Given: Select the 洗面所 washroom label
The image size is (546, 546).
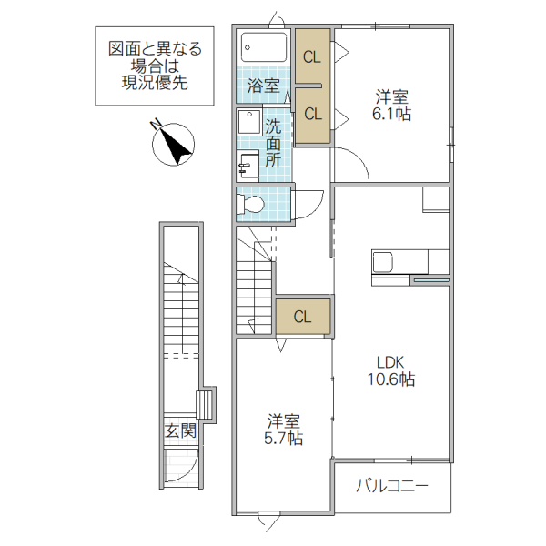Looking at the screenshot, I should coord(273,141).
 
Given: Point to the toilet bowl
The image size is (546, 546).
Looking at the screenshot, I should coord(251,204).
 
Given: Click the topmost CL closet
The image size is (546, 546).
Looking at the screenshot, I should coord(312,56).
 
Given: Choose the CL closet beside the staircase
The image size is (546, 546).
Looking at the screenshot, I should coord(303,317).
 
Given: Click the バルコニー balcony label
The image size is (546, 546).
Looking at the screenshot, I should coord(391,486).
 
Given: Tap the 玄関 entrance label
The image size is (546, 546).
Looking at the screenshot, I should coord(180,430).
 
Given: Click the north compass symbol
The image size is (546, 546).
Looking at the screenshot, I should coord(173,143).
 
